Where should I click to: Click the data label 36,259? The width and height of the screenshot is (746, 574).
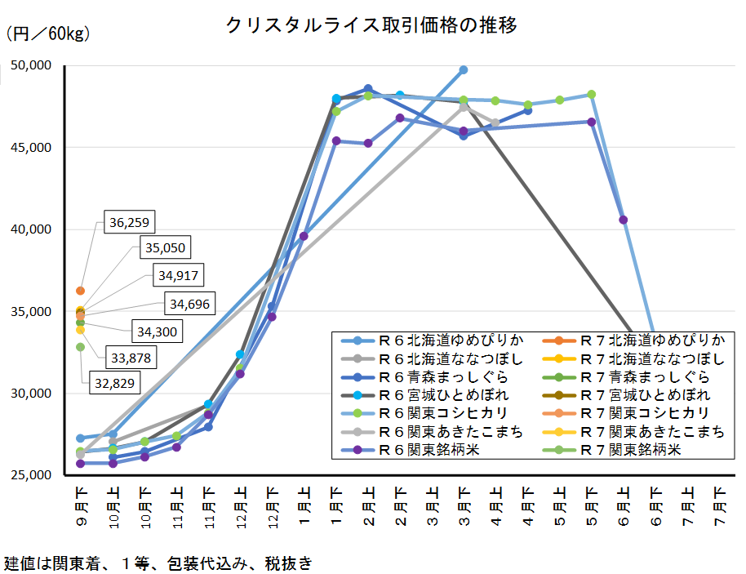tap(130, 221)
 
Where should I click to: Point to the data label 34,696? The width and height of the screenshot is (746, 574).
tap(189, 305)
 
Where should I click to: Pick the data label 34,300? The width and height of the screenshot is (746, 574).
tap(155, 332)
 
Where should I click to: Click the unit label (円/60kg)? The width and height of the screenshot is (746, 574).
tap(48, 34)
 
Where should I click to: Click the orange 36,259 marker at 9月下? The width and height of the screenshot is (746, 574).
tap(80, 291)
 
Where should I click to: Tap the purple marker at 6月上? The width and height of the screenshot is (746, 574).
tap(624, 220)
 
